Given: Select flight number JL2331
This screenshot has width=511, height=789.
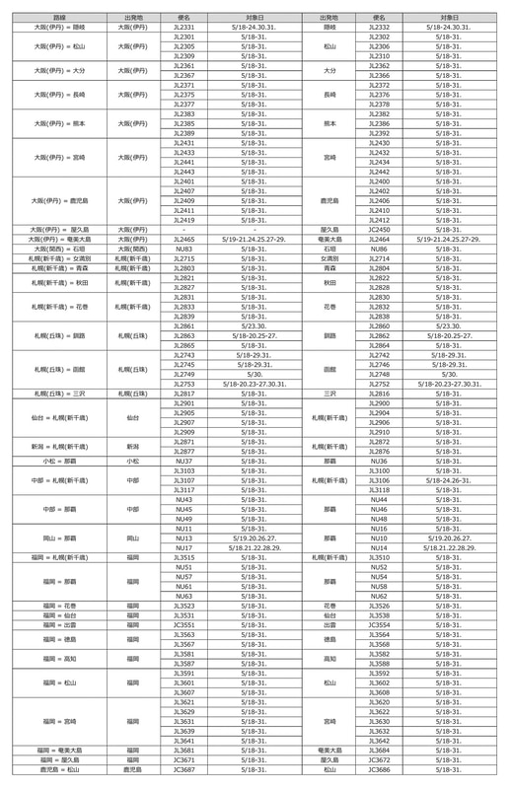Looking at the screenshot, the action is pos(184,28).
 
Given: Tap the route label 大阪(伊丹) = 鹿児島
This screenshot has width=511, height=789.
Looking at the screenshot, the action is pos(59,200).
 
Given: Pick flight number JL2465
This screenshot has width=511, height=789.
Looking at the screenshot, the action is pos(184,239).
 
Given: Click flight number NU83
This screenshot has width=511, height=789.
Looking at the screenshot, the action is pos(184,250).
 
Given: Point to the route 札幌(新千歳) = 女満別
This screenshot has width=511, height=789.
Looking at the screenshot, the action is pos(59,258).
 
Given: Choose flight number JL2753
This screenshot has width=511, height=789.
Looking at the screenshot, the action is pos(184,384).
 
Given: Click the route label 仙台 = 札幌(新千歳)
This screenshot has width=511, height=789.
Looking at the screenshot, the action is pos(59,417).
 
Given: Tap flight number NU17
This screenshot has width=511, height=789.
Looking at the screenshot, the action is pos(184,547).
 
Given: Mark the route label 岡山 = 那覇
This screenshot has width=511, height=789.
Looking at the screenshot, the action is pos(59,538).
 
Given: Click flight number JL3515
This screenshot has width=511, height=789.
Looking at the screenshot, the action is pos(184,557).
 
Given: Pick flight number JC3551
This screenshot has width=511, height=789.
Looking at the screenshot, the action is pos(184,624).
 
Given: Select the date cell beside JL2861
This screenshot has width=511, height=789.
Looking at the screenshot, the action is pos(255,325).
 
